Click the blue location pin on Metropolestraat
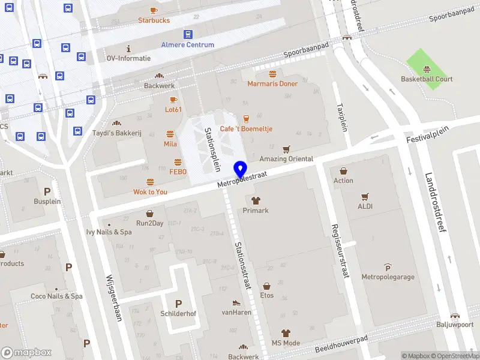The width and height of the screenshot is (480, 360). [241, 169]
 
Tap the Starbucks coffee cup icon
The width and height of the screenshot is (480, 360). [154, 10]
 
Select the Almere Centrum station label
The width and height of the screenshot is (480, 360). [187, 45]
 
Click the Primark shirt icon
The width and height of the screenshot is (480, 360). [255, 201]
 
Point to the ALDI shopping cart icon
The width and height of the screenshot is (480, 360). [364, 196]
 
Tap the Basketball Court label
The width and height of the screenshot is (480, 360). [427, 79]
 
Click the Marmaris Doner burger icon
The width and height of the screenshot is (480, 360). [272, 74]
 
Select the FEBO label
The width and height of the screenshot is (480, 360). [178, 172]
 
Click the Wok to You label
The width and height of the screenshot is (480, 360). [150, 192]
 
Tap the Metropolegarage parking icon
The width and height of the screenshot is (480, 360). [388, 268]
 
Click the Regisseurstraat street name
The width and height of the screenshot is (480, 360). [339, 251]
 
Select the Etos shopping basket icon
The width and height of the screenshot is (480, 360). [266, 286]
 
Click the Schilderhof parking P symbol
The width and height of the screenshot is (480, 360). [178, 304]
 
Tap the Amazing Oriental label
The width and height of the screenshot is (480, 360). [286, 159]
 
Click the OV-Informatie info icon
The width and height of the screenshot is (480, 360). [128, 49]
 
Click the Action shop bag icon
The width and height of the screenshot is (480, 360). [343, 170]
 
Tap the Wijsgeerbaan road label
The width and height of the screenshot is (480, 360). [114, 298]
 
